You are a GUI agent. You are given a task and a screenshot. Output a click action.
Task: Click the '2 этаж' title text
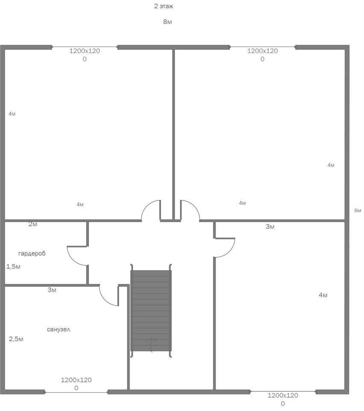click(x=163, y=6)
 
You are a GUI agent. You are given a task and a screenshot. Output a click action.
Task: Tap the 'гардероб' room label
click(x=32, y=253)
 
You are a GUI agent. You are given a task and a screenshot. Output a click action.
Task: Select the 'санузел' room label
click(x=59, y=329)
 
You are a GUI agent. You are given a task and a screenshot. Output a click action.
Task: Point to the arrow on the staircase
click(x=151, y=345)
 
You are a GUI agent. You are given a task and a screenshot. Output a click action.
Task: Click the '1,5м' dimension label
click(x=13, y=267)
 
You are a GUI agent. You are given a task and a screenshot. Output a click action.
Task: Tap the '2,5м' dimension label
click(x=16, y=339)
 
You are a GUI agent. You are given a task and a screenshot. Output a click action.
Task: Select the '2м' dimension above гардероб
click(x=33, y=224)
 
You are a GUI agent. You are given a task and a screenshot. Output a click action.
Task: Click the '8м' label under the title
click(x=167, y=22)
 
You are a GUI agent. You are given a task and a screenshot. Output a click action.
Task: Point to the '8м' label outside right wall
click(x=358, y=210)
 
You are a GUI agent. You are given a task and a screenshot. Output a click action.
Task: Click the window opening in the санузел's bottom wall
click(x=76, y=392)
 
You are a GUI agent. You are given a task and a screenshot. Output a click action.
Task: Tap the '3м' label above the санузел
click(x=52, y=290)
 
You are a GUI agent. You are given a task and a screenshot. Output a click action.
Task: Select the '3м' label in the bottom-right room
click(x=270, y=226)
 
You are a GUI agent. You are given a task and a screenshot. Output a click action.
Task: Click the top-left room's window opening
click(x=84, y=47)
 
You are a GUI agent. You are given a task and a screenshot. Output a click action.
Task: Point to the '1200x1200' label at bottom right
click(x=283, y=399)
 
